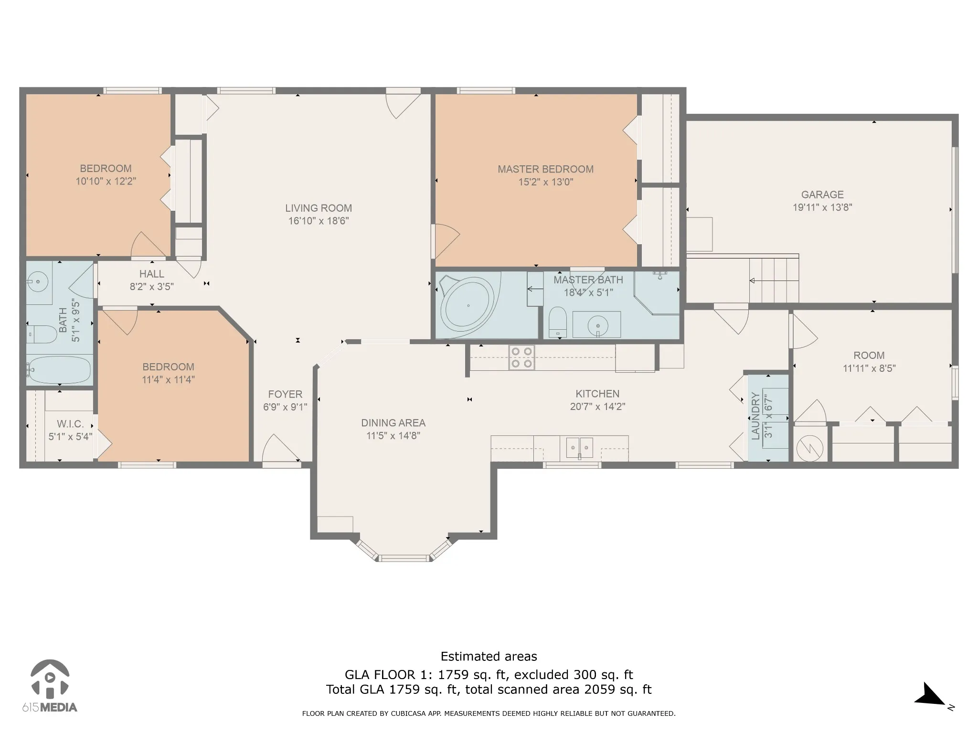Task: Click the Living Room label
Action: (x=319, y=208)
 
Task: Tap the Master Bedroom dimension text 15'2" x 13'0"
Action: (x=546, y=182)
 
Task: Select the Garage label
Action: (x=822, y=194)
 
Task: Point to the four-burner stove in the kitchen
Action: (x=521, y=357)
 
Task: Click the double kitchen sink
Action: (x=580, y=447)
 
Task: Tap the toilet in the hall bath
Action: (x=42, y=335)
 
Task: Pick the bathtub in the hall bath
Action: (x=59, y=370)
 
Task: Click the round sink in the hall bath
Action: (x=37, y=281)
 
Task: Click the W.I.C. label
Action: (x=70, y=424)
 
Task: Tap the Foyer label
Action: (x=285, y=394)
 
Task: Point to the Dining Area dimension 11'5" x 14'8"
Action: (x=393, y=436)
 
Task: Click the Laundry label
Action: (x=755, y=416)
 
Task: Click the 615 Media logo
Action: (x=50, y=686)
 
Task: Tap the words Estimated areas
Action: (x=489, y=657)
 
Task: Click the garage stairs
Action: (x=774, y=280)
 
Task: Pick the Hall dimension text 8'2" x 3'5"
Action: (x=152, y=287)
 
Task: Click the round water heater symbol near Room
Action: (x=810, y=447)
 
